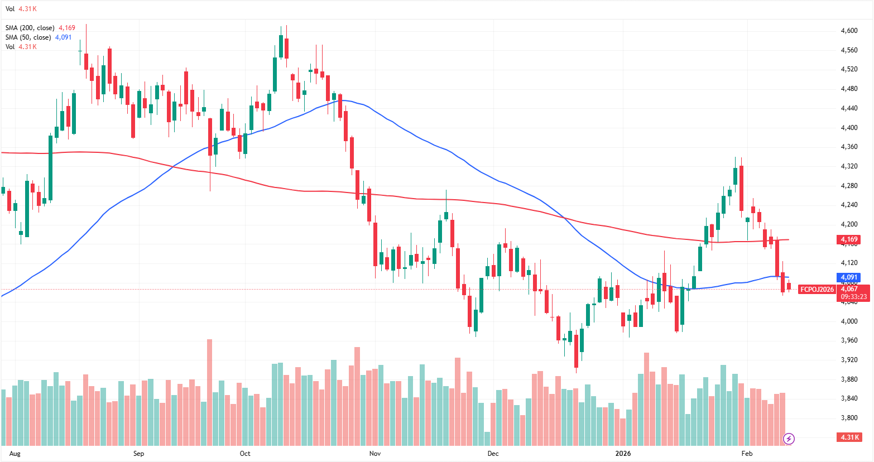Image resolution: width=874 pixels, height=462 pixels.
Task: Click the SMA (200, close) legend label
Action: (x=30, y=28)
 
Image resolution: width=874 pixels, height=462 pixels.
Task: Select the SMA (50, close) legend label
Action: (x=28, y=37)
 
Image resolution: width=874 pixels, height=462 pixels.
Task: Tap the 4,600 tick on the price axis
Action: (x=849, y=31)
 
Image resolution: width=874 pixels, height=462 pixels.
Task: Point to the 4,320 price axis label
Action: (x=849, y=166)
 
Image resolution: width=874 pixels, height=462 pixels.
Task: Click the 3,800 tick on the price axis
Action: (x=849, y=418)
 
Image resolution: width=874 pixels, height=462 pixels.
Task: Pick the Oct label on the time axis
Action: (x=245, y=454)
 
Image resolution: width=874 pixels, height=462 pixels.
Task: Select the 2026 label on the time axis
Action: (x=623, y=454)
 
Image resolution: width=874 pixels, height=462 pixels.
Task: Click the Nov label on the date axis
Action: (x=375, y=454)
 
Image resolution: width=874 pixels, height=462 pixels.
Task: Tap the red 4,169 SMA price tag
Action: (x=849, y=239)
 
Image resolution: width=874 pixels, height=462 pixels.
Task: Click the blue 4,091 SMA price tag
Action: (x=849, y=277)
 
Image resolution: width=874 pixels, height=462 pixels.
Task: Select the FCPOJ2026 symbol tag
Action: (x=817, y=289)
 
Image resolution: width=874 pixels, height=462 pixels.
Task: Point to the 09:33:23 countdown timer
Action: (x=854, y=297)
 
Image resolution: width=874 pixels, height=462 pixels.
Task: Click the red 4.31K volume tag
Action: (x=849, y=437)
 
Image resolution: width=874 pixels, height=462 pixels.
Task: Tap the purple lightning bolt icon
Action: (x=789, y=439)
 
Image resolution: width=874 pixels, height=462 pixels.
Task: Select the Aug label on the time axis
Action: (x=15, y=454)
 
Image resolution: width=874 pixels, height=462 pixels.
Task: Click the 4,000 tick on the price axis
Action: (x=849, y=321)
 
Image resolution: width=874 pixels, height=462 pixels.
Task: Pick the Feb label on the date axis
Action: (x=747, y=454)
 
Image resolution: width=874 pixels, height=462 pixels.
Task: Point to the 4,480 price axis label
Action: (x=849, y=89)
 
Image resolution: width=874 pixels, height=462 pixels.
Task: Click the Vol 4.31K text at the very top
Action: (x=21, y=9)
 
